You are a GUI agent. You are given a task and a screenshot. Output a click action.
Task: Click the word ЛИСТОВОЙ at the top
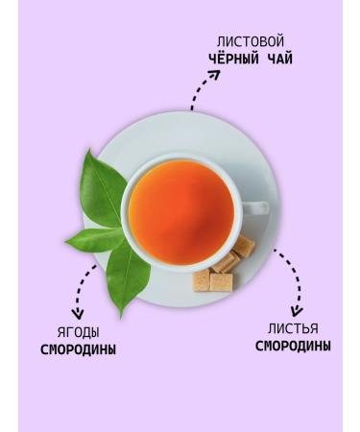tap(251, 42)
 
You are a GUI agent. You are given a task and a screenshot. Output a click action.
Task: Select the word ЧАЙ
tap(278, 59)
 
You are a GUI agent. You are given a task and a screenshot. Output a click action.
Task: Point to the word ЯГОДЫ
tap(78, 332)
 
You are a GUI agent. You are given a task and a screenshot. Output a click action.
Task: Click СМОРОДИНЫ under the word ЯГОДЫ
tap(78, 349)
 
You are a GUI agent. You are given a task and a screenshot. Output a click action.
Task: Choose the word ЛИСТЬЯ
tap(293, 328)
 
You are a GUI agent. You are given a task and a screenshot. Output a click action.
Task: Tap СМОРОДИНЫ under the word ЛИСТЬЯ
tap(293, 346)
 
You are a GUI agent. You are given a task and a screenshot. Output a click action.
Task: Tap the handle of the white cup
tap(255, 207)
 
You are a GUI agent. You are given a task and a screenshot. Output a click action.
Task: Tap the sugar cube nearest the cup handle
tap(244, 247)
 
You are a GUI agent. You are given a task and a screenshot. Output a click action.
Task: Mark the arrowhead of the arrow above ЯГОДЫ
tap(79, 311)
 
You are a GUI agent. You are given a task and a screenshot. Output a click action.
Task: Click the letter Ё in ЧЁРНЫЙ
tap(220, 59)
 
